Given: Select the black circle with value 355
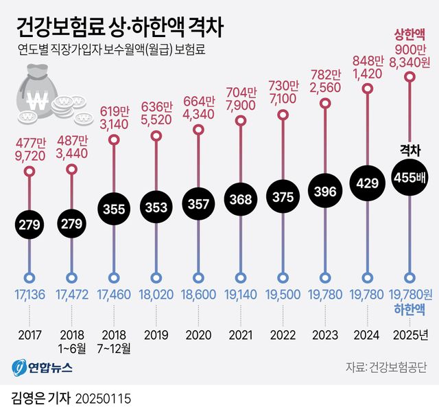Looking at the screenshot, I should click(x=113, y=207).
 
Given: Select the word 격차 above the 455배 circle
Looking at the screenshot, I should click(x=410, y=150).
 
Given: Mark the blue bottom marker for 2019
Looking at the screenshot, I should click(x=156, y=278).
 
